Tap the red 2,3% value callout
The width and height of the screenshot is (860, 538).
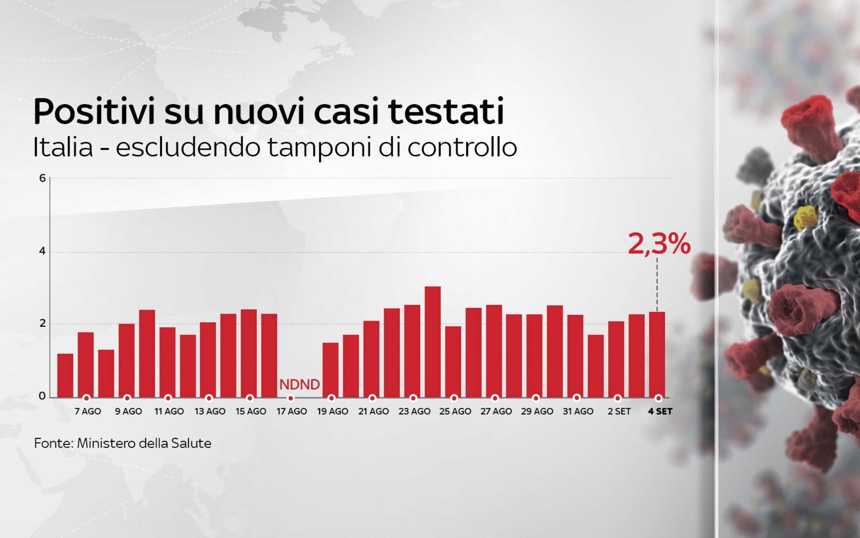659,244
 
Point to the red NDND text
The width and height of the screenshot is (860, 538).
299,385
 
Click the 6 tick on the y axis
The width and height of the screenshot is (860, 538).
42,178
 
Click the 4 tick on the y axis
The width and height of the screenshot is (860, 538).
42,251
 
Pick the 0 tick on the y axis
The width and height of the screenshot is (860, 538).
42,396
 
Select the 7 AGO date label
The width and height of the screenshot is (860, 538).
88,412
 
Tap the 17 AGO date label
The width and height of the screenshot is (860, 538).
292,412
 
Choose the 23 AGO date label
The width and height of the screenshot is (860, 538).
414,412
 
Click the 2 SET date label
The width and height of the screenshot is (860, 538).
619,412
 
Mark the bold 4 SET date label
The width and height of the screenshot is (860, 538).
660,412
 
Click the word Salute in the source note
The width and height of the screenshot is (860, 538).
192,443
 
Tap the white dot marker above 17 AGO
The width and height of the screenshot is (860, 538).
291,398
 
